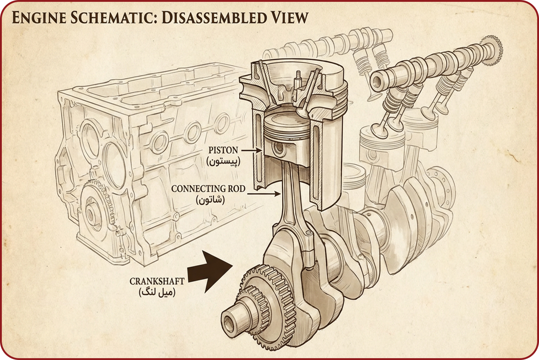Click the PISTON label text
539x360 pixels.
pos(223,150)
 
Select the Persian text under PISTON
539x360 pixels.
pos(223,161)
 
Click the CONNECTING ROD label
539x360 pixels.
pos(208,189)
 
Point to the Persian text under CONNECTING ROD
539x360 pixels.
pos(210,200)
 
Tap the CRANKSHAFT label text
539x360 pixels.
pos(157,281)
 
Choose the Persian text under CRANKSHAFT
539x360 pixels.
pos(157,292)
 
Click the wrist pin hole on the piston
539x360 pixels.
pos(279,147)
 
